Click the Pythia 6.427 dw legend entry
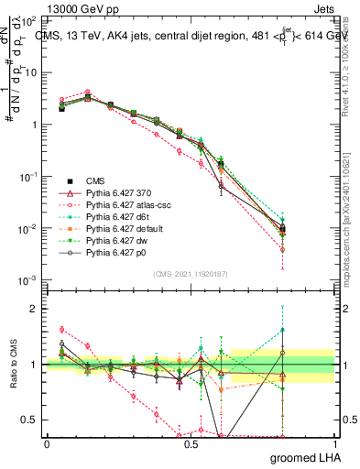(119, 245)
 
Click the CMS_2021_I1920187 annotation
(190, 273)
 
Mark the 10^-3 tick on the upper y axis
(27, 279)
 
